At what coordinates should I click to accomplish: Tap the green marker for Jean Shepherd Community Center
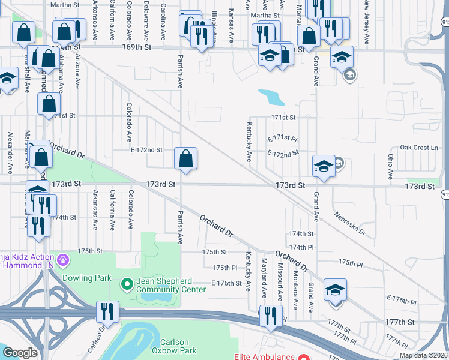(127, 283)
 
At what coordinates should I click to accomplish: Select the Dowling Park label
(87, 278)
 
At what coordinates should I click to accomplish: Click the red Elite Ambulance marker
(304, 356)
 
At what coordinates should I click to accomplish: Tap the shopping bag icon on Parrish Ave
(186, 159)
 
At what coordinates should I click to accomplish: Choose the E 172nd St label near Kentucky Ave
(283, 154)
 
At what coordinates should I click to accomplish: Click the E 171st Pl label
(283, 138)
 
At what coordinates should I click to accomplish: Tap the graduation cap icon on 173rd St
(324, 166)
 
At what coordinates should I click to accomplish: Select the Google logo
(20, 353)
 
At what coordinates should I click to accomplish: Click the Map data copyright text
(423, 355)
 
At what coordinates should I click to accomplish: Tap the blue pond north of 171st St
(271, 97)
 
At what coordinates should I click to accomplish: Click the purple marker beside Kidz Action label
(65, 261)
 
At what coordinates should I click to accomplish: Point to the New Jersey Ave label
(366, 23)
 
